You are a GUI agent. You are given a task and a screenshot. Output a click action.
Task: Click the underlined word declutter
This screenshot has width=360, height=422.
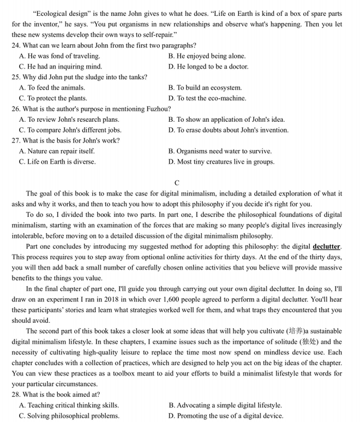tap(327, 246)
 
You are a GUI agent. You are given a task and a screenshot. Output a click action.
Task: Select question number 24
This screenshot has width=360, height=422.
tap(16, 45)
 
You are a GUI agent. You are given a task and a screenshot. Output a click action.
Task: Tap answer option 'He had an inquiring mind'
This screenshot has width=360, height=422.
tap(60, 67)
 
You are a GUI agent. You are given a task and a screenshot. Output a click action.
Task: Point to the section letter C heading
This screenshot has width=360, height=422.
tap(177, 182)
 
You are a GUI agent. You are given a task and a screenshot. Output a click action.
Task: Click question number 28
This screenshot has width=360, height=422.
tap(16, 394)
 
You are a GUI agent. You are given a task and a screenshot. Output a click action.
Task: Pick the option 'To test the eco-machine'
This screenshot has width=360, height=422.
tap(207, 98)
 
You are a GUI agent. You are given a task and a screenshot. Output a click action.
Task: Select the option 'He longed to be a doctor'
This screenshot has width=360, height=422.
tap(208, 67)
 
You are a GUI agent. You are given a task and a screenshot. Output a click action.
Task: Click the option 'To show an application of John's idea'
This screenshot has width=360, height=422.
tap(226, 120)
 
